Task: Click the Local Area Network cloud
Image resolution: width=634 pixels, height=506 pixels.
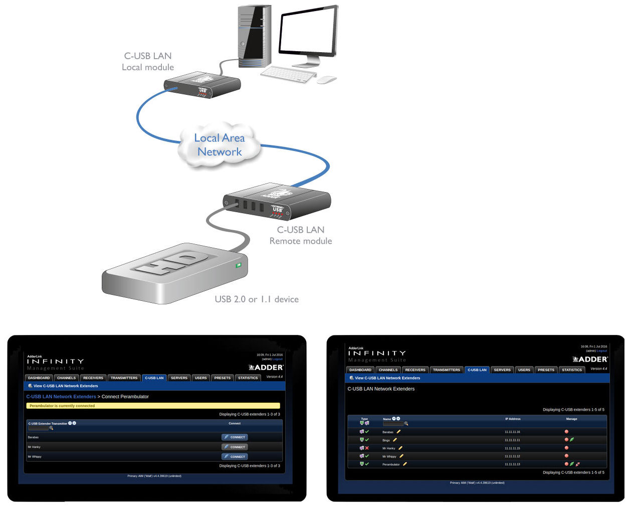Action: (x=220, y=145)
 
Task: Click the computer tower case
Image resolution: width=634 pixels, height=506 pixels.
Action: (x=255, y=35)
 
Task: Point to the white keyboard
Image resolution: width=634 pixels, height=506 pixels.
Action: (x=288, y=75)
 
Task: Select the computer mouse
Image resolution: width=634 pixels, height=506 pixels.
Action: (x=327, y=80)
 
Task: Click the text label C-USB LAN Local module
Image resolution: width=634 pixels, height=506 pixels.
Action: (x=148, y=62)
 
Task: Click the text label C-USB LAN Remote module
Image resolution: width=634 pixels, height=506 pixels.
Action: (x=301, y=235)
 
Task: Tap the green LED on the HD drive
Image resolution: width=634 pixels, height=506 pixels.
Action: (x=239, y=265)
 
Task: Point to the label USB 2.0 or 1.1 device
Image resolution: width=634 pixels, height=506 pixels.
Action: (x=257, y=299)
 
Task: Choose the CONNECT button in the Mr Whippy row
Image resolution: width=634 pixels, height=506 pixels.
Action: (x=235, y=457)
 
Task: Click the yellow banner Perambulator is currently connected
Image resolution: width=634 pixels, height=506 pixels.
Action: (x=153, y=406)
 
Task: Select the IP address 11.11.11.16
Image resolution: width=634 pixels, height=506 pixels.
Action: (x=512, y=432)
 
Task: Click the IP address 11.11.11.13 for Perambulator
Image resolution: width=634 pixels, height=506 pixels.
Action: (x=512, y=464)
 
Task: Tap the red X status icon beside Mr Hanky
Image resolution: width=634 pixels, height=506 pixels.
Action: (x=367, y=448)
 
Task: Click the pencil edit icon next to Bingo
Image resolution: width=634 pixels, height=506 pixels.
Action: (x=395, y=440)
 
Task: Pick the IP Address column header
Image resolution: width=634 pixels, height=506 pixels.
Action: (x=513, y=419)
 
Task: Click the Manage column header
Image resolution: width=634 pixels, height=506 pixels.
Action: (x=571, y=419)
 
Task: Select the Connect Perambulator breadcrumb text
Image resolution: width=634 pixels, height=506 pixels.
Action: (x=125, y=397)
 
